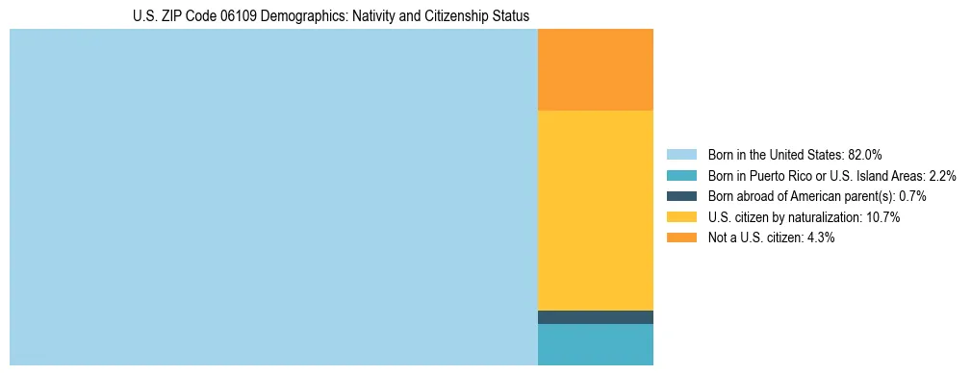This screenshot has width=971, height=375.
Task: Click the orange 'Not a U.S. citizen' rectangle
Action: point(595,69)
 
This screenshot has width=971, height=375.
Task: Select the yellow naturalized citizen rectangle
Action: point(595,210)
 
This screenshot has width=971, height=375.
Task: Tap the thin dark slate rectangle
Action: point(595,317)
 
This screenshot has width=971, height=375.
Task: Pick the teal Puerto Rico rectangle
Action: point(595,344)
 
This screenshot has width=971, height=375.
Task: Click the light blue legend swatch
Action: point(681,154)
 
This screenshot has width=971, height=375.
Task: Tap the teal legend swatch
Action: point(681,175)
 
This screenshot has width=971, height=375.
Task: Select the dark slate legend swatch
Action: point(681,196)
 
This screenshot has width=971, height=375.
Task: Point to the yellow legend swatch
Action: point(681,217)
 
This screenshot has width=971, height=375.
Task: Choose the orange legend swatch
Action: point(681,237)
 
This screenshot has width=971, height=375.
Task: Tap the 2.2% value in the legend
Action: point(942,175)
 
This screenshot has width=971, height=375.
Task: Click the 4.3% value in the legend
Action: point(820,237)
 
